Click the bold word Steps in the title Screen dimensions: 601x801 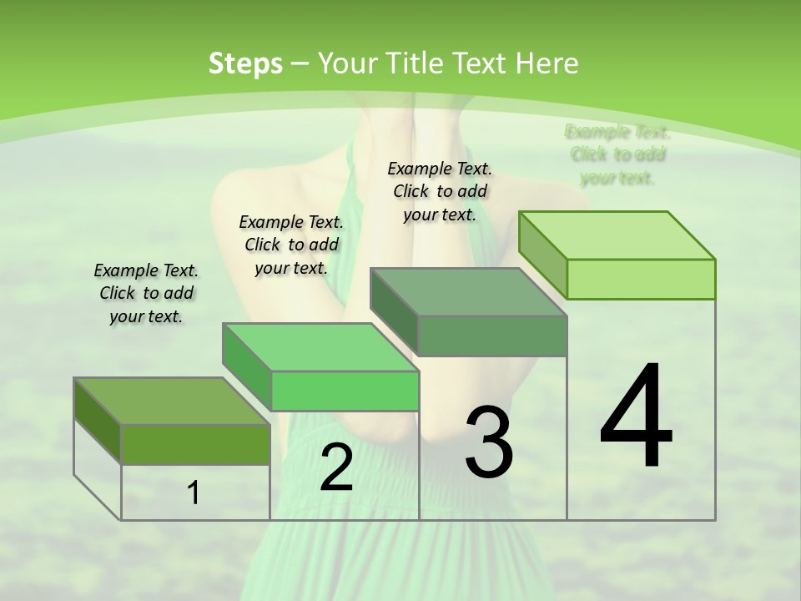[x=245, y=63]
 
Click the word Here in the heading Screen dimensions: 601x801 [x=547, y=63]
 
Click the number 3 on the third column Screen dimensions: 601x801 [x=489, y=442]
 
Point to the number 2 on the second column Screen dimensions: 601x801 [x=336, y=468]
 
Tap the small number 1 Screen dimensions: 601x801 [x=193, y=493]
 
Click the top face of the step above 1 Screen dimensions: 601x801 [x=171, y=402]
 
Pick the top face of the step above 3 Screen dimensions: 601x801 [x=468, y=292]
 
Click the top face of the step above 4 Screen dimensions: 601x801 [x=617, y=235]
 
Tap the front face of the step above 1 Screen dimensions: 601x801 [x=195, y=444]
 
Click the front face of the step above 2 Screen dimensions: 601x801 [x=345, y=391]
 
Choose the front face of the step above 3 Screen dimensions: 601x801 [x=492, y=336]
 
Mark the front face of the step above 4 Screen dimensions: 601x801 [x=641, y=279]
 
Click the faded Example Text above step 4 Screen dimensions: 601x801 [x=617, y=154]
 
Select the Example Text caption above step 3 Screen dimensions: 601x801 [x=440, y=191]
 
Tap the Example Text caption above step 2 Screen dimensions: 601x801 [x=291, y=245]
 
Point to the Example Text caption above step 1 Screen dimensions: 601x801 [x=146, y=293]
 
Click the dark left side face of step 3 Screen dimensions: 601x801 [x=393, y=312]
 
